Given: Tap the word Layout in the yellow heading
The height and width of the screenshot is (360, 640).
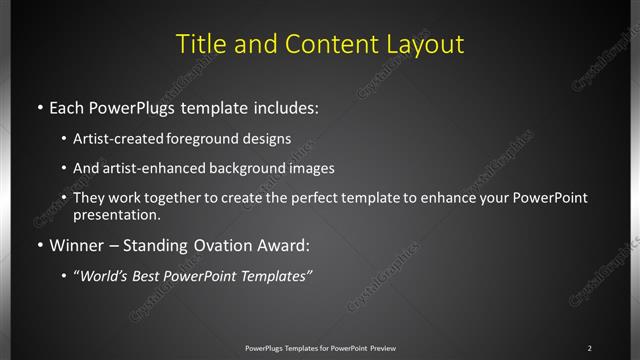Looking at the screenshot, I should click(425, 45).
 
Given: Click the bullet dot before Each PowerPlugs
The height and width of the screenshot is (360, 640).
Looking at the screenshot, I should click(39, 105).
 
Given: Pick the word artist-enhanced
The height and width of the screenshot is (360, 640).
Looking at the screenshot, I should click(145, 169).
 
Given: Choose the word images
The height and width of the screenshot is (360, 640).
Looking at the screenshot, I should click(309, 169).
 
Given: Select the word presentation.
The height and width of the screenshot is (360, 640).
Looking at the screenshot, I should click(115, 214).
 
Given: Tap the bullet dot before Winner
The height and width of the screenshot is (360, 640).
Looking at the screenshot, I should click(39, 244).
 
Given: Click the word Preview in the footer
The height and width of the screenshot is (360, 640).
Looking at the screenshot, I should click(382, 348).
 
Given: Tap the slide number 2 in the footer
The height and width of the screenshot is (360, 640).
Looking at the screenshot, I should click(589, 348).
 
